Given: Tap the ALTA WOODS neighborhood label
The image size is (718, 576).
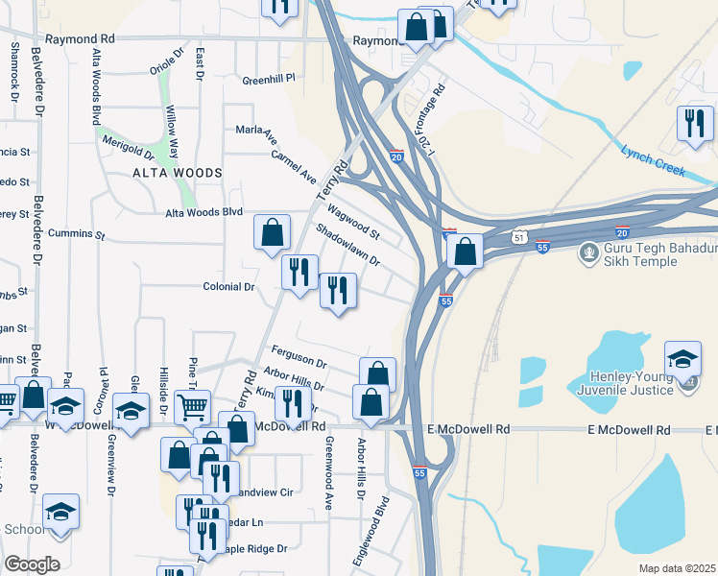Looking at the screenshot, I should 178,173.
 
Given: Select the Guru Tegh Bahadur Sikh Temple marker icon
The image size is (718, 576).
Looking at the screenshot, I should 587,254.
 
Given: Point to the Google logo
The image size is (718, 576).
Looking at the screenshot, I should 32,564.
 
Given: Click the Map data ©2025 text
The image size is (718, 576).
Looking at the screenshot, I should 677,568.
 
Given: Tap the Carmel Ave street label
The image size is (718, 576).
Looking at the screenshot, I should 294,166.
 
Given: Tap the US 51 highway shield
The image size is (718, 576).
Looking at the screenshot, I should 518,236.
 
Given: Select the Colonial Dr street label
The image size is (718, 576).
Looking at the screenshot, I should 228,286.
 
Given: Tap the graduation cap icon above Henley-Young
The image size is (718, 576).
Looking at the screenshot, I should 682,359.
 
